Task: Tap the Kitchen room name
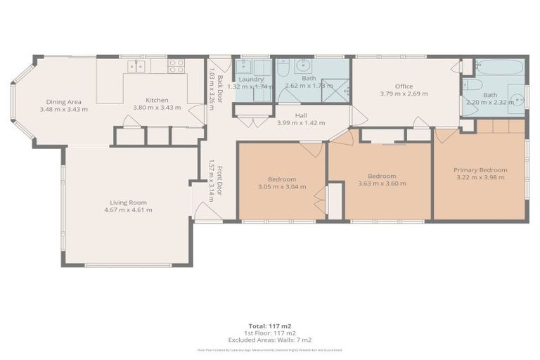157,100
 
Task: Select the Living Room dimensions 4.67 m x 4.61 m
128,210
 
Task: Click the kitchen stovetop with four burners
176,66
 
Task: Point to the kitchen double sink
135,66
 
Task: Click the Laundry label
251,79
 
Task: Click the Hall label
300,115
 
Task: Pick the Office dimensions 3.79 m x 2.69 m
404,94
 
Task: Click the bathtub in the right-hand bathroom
501,67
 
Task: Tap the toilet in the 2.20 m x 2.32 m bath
473,86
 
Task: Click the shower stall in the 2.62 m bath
337,91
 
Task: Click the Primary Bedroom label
480,169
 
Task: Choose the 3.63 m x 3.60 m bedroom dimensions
382,184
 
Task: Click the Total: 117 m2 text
269,325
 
